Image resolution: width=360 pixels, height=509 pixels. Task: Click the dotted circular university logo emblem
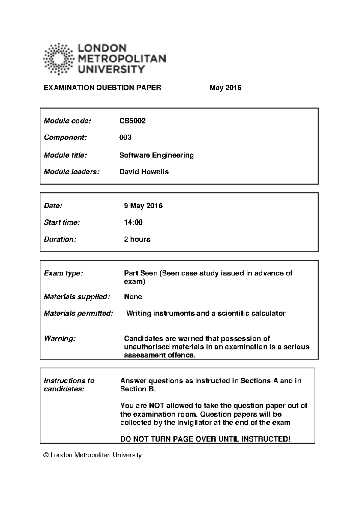[x=58, y=59]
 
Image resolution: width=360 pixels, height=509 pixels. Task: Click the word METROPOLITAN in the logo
[x=122, y=58]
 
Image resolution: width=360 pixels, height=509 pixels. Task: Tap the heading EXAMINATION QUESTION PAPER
[x=102, y=88]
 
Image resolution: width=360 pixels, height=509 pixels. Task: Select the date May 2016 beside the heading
[x=225, y=88]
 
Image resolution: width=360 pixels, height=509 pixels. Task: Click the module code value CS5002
[x=132, y=121]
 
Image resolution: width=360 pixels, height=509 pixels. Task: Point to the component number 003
[x=125, y=137]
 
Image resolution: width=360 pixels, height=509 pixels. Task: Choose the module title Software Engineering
[x=156, y=155]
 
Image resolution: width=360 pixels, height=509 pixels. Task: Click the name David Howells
[x=144, y=172]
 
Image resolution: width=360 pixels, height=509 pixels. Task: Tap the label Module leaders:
[x=71, y=172]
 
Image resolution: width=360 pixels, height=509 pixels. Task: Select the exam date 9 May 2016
[x=143, y=206]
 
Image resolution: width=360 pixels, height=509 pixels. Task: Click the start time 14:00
[x=133, y=222]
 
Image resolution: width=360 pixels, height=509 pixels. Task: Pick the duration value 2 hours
[x=137, y=239]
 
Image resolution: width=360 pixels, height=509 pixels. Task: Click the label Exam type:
[x=63, y=273]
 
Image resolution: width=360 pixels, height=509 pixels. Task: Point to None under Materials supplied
[x=133, y=297]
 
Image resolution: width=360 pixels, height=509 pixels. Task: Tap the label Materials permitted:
[x=78, y=313]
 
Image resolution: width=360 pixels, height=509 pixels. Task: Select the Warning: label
[x=60, y=338]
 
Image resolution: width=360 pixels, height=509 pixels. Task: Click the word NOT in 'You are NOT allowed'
[x=156, y=406]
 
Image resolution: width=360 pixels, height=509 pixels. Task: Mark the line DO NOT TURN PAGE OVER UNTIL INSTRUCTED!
[x=205, y=439]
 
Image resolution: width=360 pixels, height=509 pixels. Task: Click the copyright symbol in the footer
[x=46, y=455]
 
